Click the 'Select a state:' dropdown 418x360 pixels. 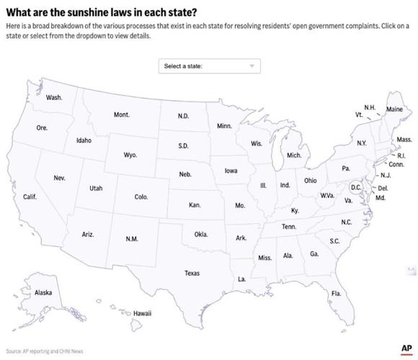[208, 66]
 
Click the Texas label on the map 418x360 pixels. [192, 274]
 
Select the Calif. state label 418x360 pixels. [30, 197]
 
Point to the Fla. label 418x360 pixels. [336, 294]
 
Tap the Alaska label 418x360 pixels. [43, 293]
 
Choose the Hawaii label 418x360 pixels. [142, 314]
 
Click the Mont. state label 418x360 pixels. [122, 115]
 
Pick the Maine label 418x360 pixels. [394, 109]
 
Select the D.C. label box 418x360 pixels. [355, 187]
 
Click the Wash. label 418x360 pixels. [54, 97]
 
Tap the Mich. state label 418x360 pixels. [294, 155]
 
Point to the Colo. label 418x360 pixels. [141, 197]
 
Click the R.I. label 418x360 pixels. [401, 156]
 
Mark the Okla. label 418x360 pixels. [201, 235]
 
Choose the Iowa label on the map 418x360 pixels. [231, 171]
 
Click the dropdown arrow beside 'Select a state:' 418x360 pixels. [252, 66]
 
